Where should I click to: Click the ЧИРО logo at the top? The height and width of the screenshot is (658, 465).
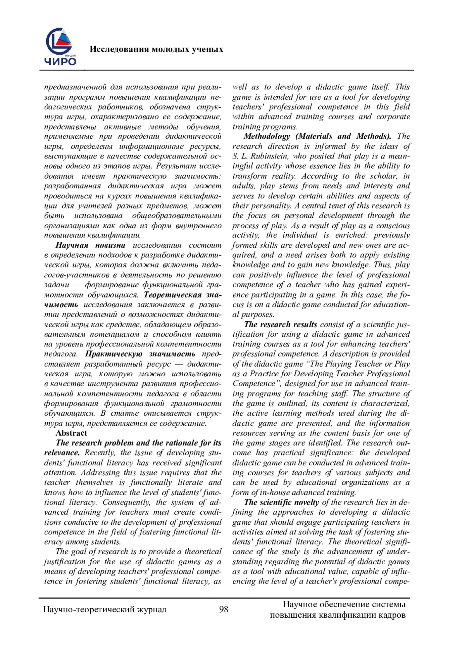[x=60, y=47]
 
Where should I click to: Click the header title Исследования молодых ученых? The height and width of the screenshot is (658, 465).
[x=156, y=49]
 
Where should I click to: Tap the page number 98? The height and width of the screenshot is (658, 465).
[x=224, y=610]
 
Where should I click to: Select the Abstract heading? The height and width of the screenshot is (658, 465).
[x=71, y=433]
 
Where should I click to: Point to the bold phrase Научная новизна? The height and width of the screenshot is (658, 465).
[x=90, y=245]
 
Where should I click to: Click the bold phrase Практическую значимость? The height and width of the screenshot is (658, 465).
[x=140, y=354]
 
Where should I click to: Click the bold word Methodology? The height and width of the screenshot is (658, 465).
[x=267, y=136]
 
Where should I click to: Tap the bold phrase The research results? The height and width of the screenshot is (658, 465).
[x=281, y=325]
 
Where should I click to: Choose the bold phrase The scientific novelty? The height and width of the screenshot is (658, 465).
[x=282, y=503]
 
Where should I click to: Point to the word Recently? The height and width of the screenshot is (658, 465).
[x=100, y=453]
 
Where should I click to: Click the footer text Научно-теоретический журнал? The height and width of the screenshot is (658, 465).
[x=105, y=610]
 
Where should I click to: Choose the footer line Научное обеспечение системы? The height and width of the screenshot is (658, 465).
[x=344, y=605]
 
